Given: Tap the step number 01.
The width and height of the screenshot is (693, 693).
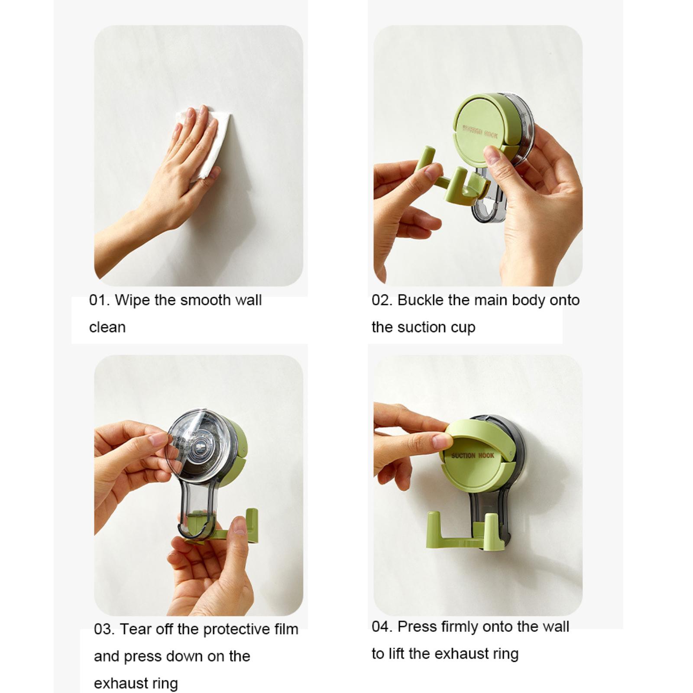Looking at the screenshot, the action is (x=98, y=300).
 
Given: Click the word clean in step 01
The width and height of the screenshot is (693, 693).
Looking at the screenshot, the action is (x=107, y=327).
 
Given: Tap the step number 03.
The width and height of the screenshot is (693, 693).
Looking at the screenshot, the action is (x=104, y=629).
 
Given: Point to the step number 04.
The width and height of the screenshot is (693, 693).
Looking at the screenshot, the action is (x=382, y=627).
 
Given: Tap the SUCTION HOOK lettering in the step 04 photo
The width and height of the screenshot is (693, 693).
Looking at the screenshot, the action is (x=472, y=455).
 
